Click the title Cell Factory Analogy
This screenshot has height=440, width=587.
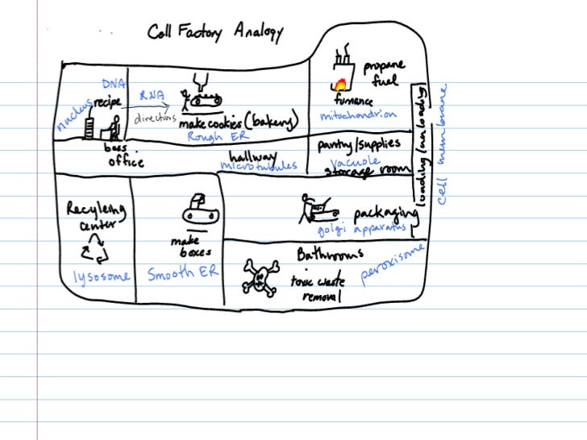(x=214, y=32)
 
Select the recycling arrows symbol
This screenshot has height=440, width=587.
(x=94, y=252)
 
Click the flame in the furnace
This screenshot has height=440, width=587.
(x=341, y=84)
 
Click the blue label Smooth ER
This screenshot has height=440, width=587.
(x=182, y=274)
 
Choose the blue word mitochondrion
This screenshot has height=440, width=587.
(x=358, y=115)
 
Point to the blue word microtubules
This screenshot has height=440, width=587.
(x=258, y=166)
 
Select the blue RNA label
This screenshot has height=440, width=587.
(x=152, y=95)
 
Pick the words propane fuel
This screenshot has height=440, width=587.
(x=384, y=73)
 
